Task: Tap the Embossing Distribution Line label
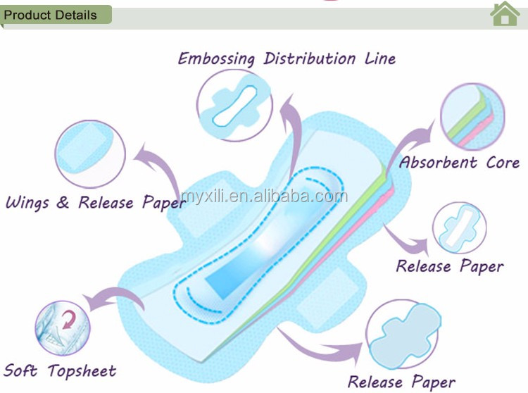[287, 58]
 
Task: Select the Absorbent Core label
[460, 163]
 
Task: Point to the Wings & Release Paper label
[96, 204]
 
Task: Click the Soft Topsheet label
[61, 370]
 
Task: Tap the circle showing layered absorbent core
[472, 117]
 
